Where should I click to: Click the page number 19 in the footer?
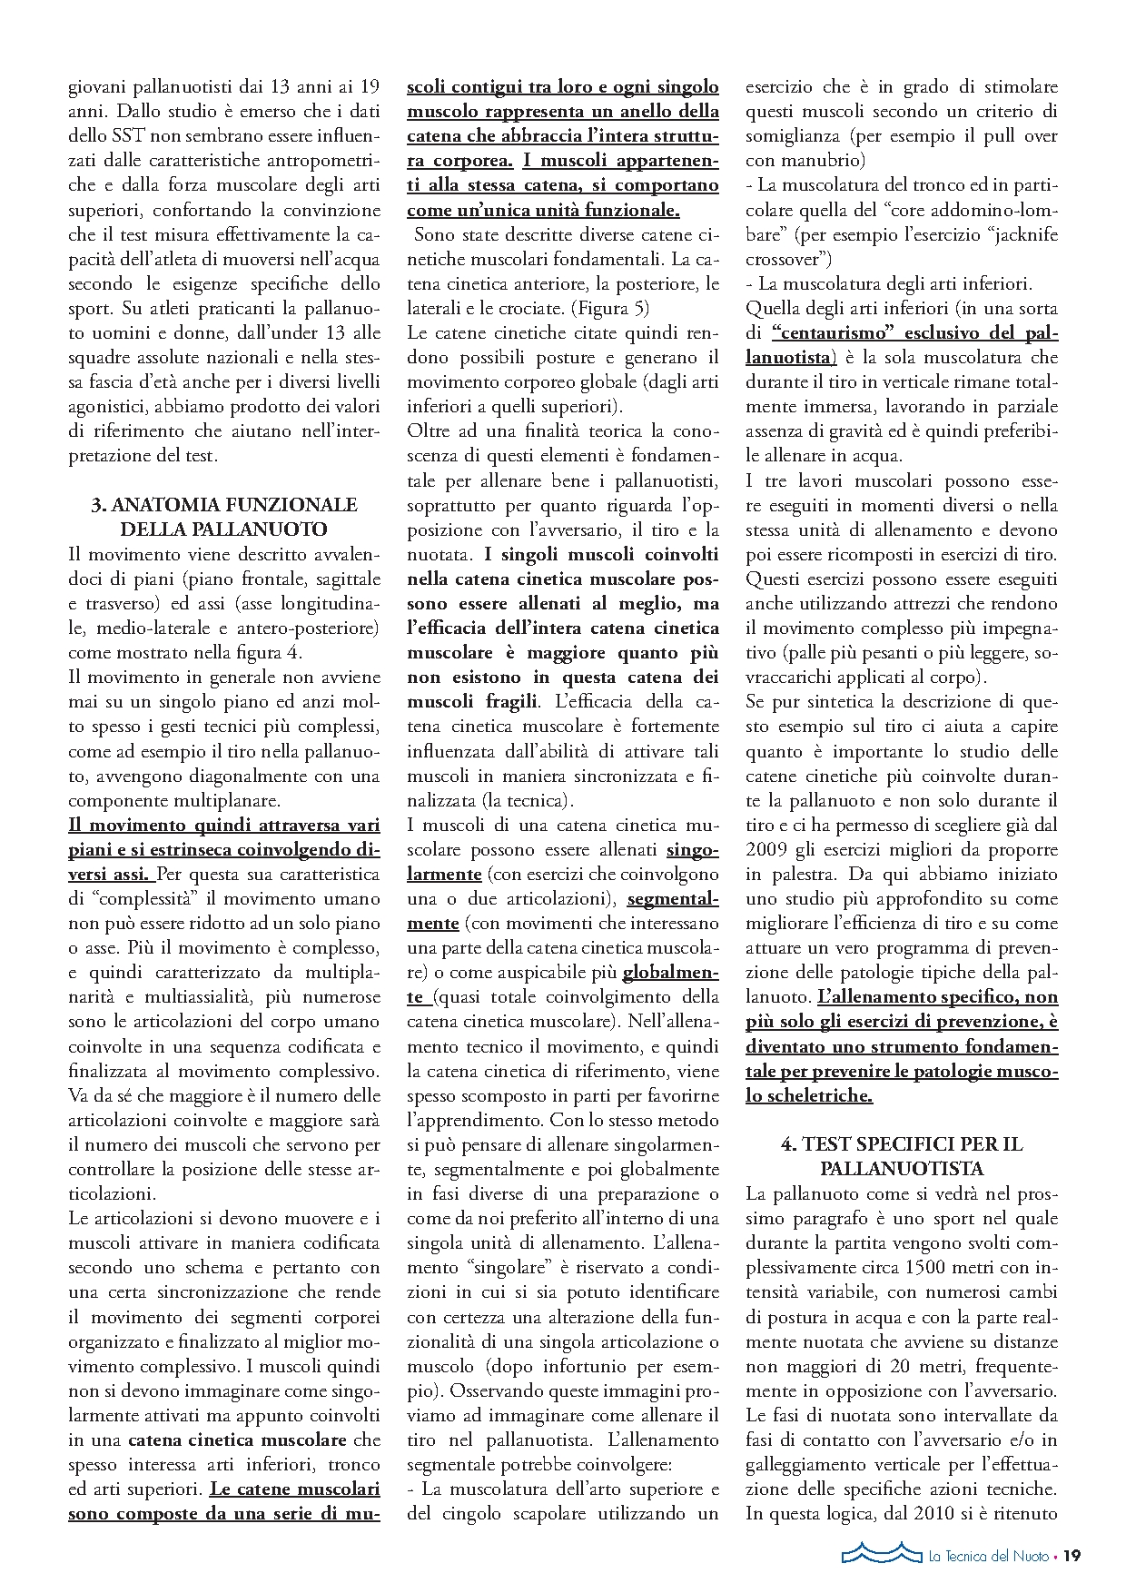coord(1072,1556)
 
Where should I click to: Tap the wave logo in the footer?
coord(875,1554)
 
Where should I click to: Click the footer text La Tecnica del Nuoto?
coord(988,1556)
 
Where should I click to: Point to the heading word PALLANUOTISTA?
coord(902,1169)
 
